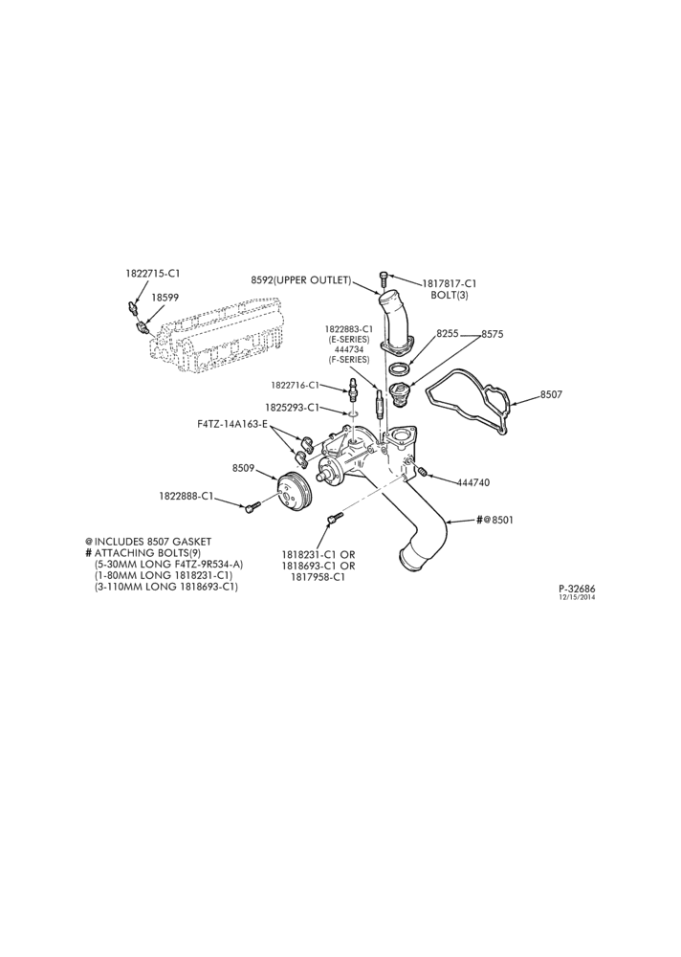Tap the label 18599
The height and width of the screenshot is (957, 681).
pyautogui.click(x=165, y=298)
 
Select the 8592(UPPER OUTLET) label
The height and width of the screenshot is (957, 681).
pyautogui.click(x=301, y=280)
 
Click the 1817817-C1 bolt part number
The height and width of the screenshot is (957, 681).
pyautogui.click(x=450, y=284)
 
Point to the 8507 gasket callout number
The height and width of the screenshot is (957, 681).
pyautogui.click(x=551, y=395)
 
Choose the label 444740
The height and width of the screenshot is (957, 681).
pyautogui.click(x=473, y=482)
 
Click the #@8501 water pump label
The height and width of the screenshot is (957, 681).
pyautogui.click(x=494, y=521)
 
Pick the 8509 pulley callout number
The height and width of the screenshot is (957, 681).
pyautogui.click(x=243, y=469)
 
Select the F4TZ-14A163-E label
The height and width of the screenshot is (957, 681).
pyautogui.click(x=232, y=424)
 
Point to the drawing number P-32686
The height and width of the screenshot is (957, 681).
pyautogui.click(x=577, y=589)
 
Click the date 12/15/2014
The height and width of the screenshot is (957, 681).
pyautogui.click(x=578, y=597)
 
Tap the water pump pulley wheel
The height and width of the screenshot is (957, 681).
pyautogui.click(x=293, y=495)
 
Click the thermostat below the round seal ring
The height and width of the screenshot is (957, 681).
pyautogui.click(x=402, y=390)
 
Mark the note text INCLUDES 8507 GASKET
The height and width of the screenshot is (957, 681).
pyautogui.click(x=152, y=542)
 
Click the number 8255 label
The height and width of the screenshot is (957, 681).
pyautogui.click(x=448, y=334)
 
